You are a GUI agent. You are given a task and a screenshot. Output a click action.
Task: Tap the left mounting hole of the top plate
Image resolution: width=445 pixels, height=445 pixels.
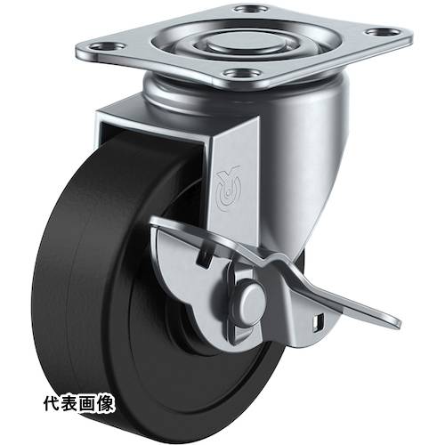(x=108, y=46)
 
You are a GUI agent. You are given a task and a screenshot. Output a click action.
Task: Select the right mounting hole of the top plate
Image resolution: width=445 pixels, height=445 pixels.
(x=382, y=31)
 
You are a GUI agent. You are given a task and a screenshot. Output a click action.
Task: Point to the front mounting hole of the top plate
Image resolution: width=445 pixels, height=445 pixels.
(x=242, y=73)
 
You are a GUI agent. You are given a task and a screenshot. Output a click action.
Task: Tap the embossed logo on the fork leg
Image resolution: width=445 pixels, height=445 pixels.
(x=228, y=189)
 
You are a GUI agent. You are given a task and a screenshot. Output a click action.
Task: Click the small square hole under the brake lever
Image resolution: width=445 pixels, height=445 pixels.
(x=319, y=322)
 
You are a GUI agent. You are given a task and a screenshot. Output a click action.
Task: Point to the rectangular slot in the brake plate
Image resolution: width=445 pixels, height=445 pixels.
(x=205, y=255)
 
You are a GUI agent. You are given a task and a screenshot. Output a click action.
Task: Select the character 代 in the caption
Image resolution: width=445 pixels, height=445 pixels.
(x=53, y=403)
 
